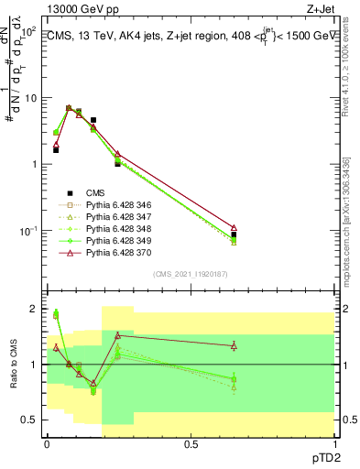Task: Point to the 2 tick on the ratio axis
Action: [x=33, y=310]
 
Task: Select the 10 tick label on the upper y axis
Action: [x=27, y=98]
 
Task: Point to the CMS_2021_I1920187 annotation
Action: [x=191, y=273]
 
